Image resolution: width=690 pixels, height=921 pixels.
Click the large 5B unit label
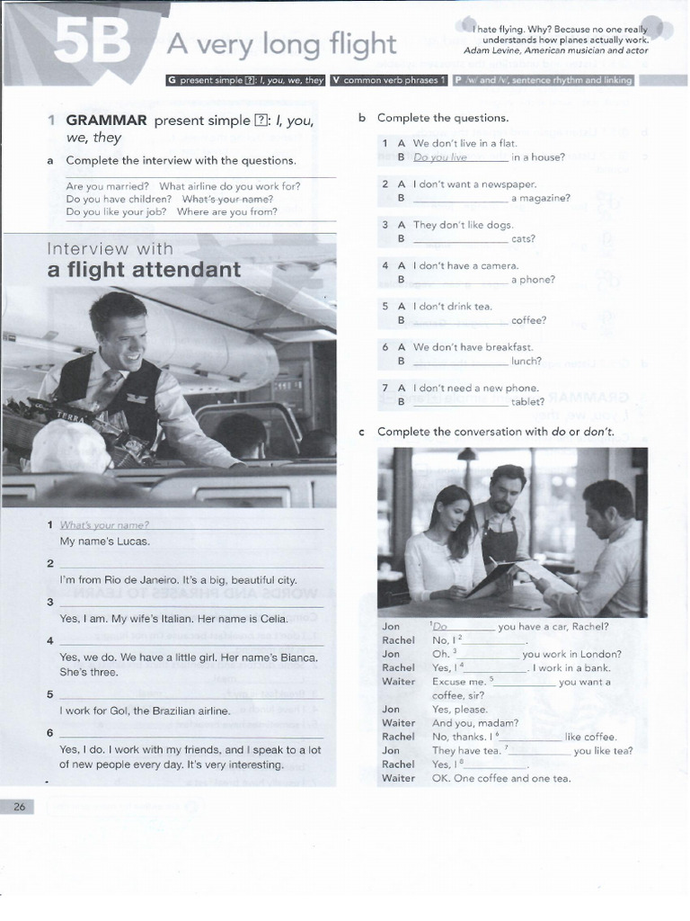(x=92, y=42)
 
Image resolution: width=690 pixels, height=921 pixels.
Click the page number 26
(x=19, y=807)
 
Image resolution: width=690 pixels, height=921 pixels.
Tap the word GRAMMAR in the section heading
(x=106, y=120)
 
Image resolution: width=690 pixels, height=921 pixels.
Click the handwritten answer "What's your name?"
(x=104, y=525)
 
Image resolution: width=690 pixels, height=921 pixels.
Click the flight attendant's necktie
(x=111, y=388)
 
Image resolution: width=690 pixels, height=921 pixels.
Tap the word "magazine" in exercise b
(x=538, y=198)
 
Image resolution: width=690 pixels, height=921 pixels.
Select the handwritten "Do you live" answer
(x=440, y=157)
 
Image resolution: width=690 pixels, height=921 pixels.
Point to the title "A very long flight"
(x=277, y=42)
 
